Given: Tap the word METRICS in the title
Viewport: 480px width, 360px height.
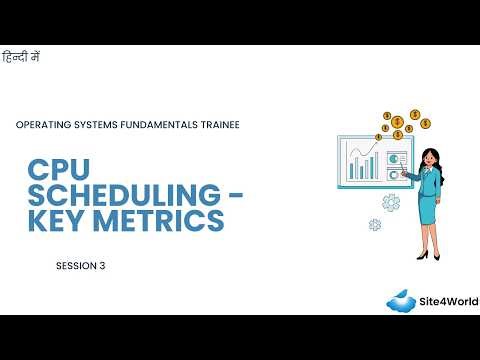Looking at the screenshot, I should tap(162, 219).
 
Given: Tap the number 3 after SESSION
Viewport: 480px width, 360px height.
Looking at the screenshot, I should tap(102, 266).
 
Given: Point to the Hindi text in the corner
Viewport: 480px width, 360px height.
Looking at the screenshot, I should tap(21, 57).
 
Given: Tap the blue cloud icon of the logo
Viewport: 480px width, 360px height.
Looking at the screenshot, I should tap(404, 301).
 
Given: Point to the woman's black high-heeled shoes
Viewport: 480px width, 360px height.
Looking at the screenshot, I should tap(427, 255).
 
